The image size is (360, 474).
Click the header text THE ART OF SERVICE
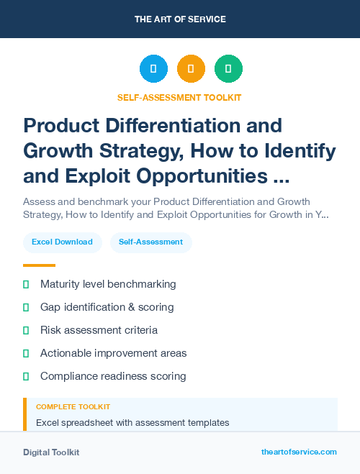[180, 19]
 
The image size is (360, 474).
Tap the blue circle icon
[153, 69]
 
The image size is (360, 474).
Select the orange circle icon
[191, 69]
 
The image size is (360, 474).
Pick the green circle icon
[228, 69]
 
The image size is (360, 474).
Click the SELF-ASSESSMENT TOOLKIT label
[180, 97]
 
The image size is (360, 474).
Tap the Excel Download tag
[62, 242]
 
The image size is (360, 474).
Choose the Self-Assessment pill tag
[150, 242]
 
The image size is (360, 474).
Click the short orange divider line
[39, 265]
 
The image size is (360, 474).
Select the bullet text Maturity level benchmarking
[108, 284]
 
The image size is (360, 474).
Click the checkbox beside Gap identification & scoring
[26, 307]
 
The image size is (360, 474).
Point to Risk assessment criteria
[99, 330]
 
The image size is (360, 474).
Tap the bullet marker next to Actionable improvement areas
[26, 353]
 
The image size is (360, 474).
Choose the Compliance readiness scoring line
[113, 376]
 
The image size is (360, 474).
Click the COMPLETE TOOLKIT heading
[73, 407]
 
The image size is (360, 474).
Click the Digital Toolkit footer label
[51, 452]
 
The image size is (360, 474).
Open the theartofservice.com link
[299, 452]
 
